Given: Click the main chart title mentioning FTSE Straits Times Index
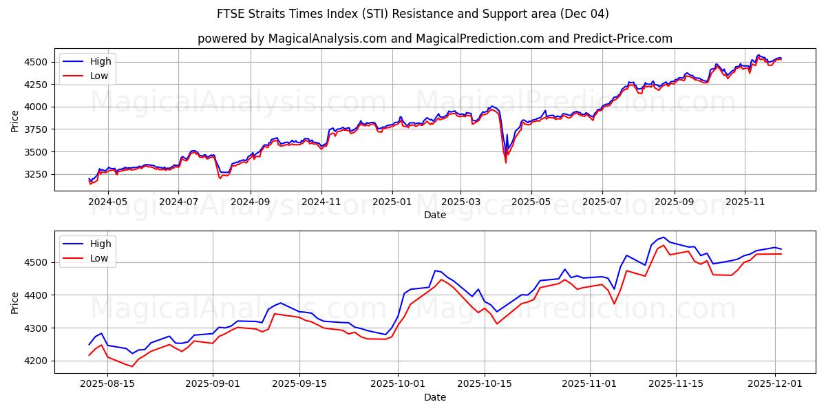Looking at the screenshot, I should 413,14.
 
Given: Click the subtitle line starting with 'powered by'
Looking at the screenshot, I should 434,39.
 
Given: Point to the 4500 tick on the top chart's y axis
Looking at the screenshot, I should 39,62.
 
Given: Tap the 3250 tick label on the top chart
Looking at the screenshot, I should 39,174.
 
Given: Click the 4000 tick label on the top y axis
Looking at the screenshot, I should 39,107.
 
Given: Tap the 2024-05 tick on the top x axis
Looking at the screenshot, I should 107,202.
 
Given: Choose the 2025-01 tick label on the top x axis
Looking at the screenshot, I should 392,202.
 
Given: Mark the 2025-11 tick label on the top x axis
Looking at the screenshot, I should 745,202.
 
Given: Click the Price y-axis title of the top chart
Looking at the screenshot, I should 15,120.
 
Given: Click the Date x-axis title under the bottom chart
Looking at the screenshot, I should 434,397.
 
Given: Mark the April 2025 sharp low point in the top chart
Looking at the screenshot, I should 506,162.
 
